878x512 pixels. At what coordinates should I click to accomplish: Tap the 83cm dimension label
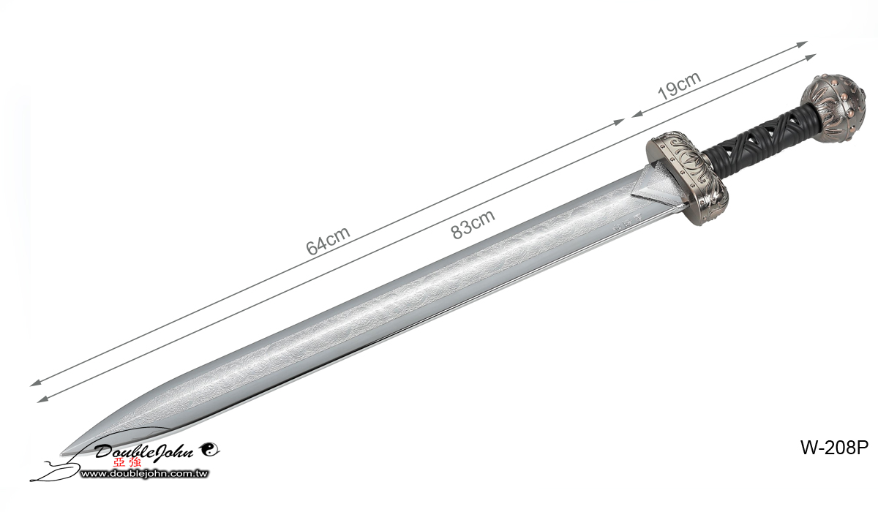[473, 223]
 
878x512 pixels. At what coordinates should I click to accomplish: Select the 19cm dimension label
[679, 86]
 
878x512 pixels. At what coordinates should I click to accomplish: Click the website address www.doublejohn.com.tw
[144, 475]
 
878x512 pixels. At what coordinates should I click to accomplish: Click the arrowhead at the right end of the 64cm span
[621, 121]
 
